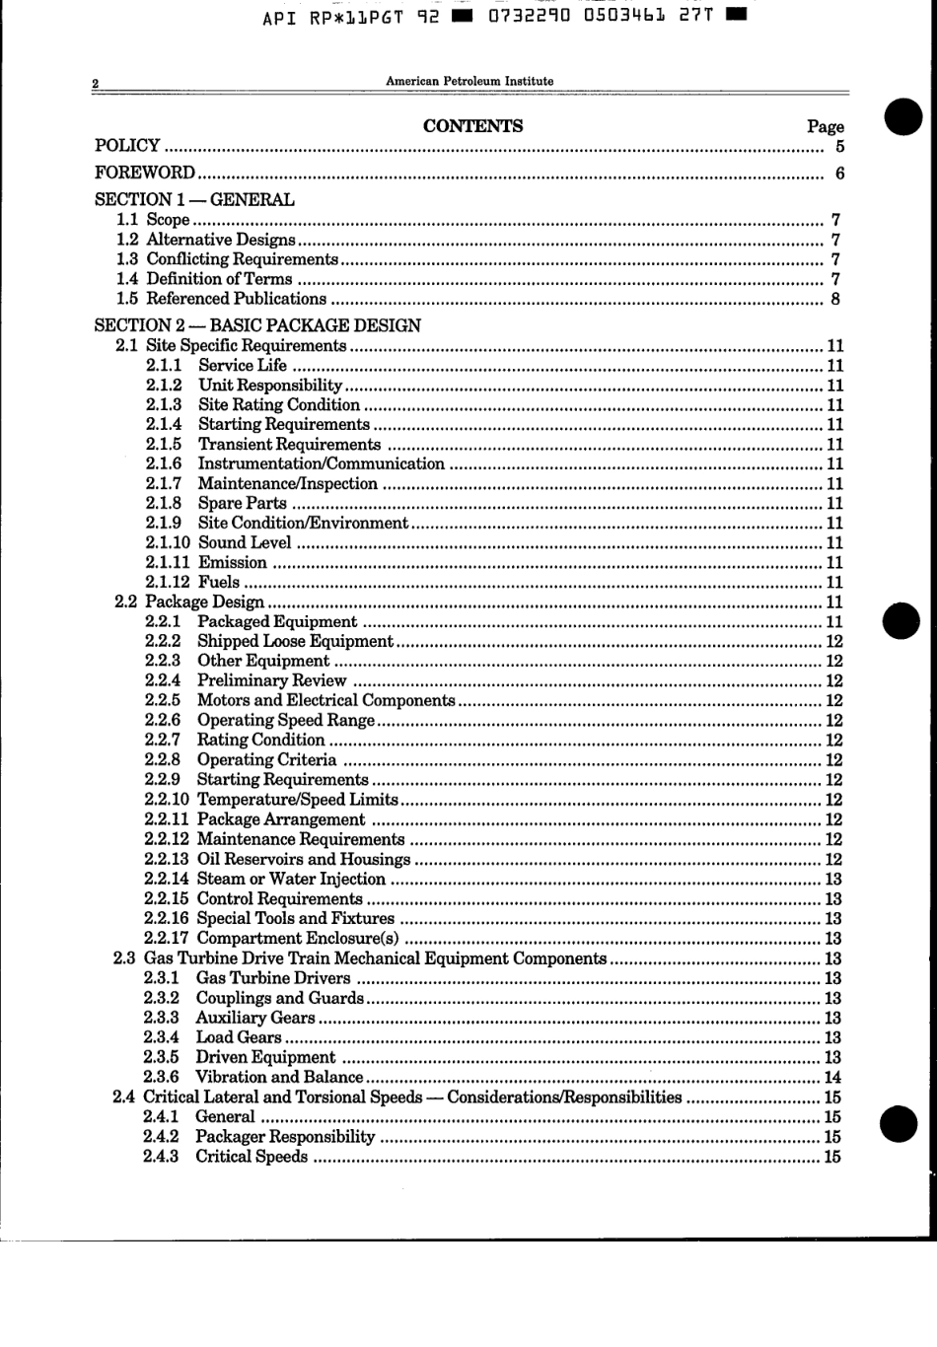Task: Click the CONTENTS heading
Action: coord(472,126)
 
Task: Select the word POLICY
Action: coord(127,146)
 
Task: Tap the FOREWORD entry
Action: coord(144,173)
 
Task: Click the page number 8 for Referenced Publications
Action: coord(835,300)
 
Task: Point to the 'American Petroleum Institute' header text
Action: coord(469,82)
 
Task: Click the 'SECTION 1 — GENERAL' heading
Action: coord(194,199)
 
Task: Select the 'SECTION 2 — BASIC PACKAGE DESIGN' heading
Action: coord(257,325)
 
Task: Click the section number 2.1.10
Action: coord(168,542)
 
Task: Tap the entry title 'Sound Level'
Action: coord(245,542)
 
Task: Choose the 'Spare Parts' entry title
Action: coord(243,503)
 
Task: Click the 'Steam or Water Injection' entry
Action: coord(291,879)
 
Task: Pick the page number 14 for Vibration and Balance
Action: coord(832,1078)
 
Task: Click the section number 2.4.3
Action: coord(161,1157)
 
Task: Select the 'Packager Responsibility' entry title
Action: coord(285,1137)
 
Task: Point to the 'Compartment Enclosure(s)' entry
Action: coord(298,939)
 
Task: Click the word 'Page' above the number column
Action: coord(825,126)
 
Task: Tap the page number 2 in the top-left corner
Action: coord(96,84)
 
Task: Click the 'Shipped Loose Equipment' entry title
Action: coord(295,641)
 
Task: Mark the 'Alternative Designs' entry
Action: coord(220,240)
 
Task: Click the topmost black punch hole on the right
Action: coord(902,117)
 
